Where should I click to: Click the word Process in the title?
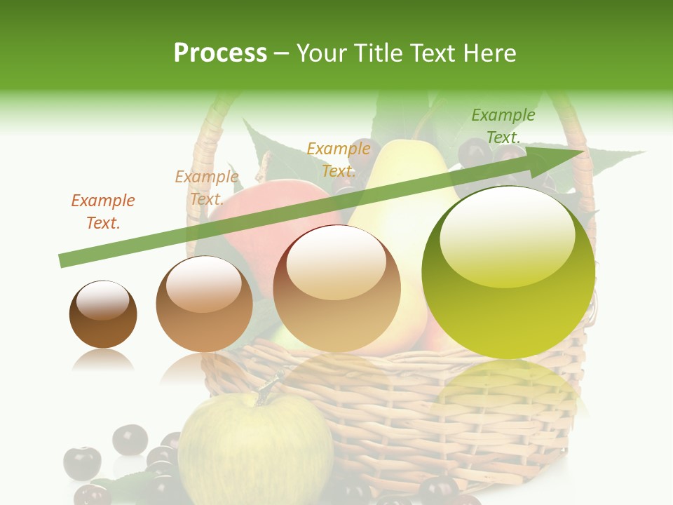[x=220, y=53]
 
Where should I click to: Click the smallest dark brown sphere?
[x=103, y=315]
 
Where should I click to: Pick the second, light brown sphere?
[x=204, y=304]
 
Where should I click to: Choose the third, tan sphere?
[x=336, y=289]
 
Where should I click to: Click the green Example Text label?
[x=503, y=126]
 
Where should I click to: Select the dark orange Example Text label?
[x=102, y=212]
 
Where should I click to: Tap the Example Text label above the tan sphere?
[x=339, y=160]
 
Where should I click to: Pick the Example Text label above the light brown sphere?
[x=206, y=188]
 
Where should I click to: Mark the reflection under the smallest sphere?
[x=102, y=361]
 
